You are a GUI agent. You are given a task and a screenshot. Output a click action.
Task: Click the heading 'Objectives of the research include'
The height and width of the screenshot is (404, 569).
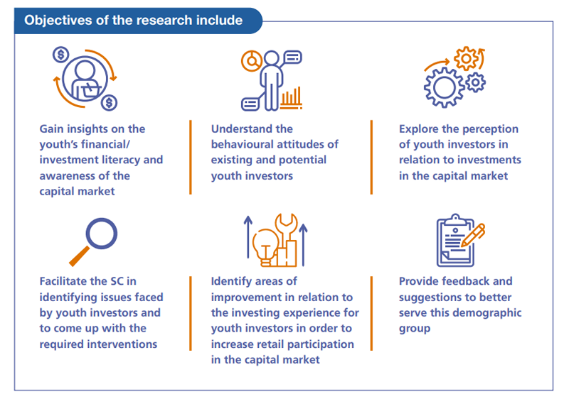click(133, 20)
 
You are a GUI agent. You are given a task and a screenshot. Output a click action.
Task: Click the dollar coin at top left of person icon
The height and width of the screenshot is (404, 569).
click(60, 54)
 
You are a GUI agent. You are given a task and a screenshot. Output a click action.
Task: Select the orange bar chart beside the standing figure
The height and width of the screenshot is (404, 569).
click(291, 98)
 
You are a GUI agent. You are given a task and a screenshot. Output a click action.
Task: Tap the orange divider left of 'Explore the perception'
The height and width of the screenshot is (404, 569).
click(371, 157)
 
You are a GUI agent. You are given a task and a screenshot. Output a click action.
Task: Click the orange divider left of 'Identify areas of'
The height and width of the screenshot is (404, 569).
click(190, 312)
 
